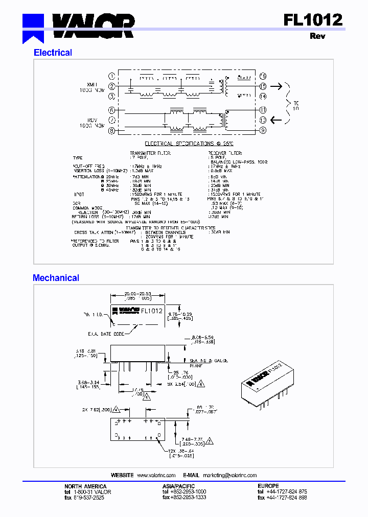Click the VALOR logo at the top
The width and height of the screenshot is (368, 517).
click(x=79, y=26)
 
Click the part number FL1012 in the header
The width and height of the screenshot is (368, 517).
click(x=313, y=19)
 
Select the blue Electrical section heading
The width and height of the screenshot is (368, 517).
click(x=53, y=53)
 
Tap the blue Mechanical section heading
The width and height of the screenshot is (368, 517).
click(x=56, y=278)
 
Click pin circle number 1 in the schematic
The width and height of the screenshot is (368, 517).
click(x=111, y=76)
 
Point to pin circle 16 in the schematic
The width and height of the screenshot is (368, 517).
click(x=263, y=76)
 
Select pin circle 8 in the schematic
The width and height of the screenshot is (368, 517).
click(x=111, y=131)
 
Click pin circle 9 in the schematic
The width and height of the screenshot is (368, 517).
click(x=263, y=131)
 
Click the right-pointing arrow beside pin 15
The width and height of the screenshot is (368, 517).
click(x=276, y=86)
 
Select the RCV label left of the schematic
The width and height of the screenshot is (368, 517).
click(x=93, y=120)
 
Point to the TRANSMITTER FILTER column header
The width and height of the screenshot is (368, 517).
click(x=150, y=153)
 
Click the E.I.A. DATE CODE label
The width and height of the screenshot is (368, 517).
click(x=105, y=334)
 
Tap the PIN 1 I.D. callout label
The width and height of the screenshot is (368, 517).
click(x=92, y=315)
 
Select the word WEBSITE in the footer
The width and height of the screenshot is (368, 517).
click(x=122, y=475)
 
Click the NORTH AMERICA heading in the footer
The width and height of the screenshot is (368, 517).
click(x=85, y=486)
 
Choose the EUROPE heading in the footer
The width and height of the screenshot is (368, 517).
click(x=268, y=486)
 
